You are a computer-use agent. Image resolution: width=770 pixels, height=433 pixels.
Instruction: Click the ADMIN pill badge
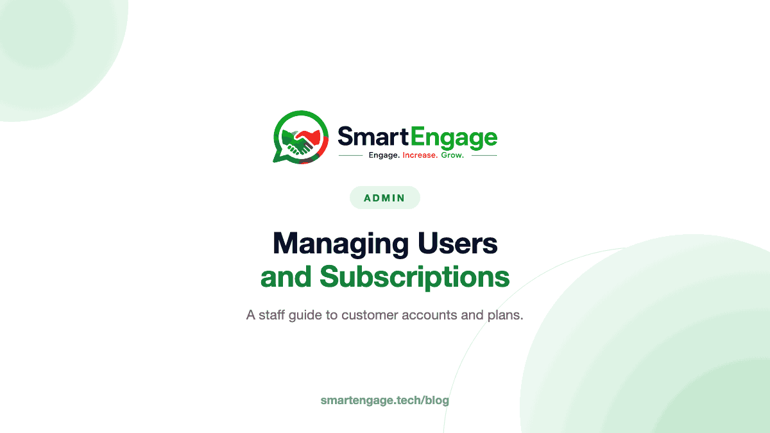coord(384,198)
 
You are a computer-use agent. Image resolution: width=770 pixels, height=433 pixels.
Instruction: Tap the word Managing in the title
coord(341,244)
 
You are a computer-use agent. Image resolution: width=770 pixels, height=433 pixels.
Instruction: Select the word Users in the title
coord(458,243)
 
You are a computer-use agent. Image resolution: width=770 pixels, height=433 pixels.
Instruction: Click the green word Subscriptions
coord(415,277)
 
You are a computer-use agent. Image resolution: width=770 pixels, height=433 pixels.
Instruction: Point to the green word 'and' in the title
coord(286,276)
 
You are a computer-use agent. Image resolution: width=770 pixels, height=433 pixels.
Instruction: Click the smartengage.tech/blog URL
coord(384,400)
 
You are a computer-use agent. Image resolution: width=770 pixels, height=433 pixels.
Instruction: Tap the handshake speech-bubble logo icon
coord(301,137)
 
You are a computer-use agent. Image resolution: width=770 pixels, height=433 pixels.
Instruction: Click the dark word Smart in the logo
coord(373,137)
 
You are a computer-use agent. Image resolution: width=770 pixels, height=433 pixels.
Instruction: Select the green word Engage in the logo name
coord(454,138)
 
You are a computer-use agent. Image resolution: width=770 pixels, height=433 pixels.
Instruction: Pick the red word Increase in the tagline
coord(420,155)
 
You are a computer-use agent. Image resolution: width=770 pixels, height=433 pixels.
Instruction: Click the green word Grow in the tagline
coord(452,155)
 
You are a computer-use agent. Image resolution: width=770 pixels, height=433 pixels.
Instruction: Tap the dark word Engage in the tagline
coord(384,156)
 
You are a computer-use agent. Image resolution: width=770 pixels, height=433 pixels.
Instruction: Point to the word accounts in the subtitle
coord(429,315)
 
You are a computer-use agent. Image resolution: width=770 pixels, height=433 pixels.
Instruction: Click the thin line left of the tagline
coord(350,156)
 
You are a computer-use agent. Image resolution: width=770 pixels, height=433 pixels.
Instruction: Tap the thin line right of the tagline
coord(484,156)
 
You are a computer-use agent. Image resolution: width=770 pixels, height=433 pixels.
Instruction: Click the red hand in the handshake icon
coord(310,137)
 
